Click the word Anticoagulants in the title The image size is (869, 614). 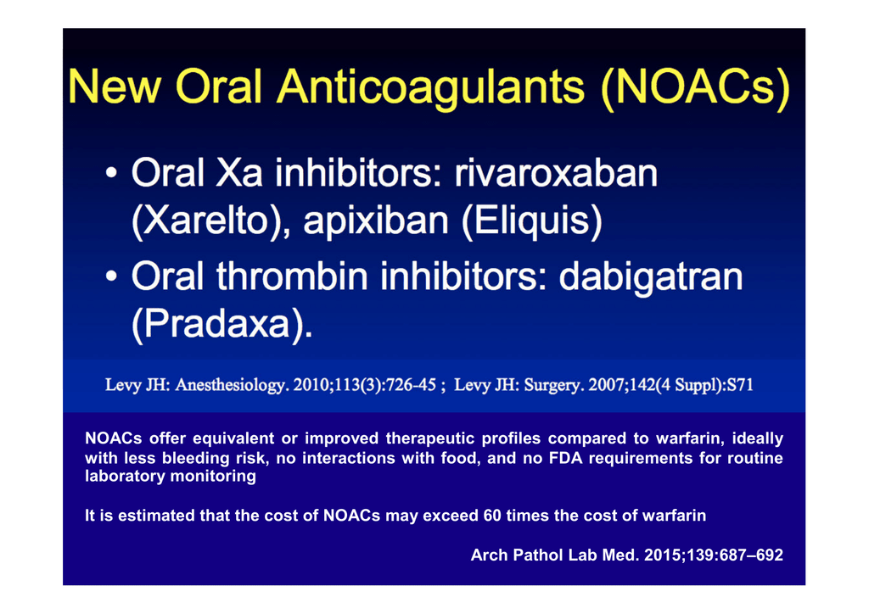tap(430, 87)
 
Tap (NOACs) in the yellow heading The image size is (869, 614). tap(696, 88)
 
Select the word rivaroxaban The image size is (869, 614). tap(556, 173)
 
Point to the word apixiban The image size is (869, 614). tap(376, 220)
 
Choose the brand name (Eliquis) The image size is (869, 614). tap(531, 220)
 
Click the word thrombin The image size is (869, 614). tap(292, 276)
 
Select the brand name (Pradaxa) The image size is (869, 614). tap(222, 324)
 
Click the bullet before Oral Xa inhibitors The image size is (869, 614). tap(111, 173)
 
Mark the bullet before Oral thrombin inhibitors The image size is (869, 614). tap(111, 276)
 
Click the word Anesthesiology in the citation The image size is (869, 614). tap(233, 385)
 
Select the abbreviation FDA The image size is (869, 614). tap(566, 458)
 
